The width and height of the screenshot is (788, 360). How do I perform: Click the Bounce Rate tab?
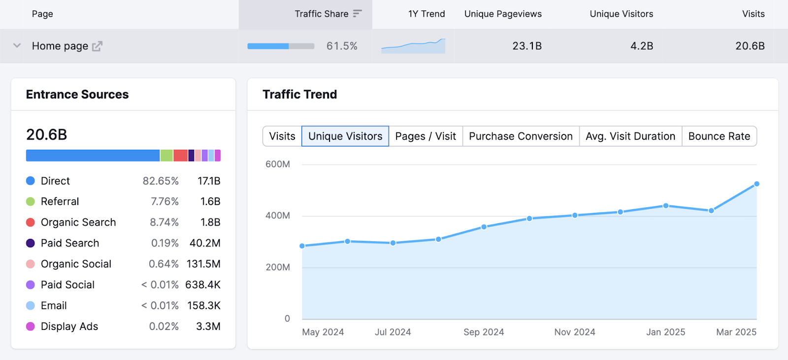pos(719,136)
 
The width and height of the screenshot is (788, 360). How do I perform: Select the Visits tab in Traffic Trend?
pos(282,136)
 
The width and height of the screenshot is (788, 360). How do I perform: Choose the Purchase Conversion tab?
pos(521,136)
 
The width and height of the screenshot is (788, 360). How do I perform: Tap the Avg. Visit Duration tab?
pos(630,136)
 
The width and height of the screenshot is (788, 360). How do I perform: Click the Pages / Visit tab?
pos(426,136)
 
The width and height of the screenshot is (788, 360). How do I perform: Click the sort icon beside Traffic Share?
pos(358,14)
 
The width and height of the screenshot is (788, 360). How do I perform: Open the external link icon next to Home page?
pos(97,46)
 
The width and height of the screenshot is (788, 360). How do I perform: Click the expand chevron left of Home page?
pos(17,46)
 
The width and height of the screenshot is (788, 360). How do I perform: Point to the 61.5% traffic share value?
pos(342,46)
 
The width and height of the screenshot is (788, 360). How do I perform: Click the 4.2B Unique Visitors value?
pos(641,46)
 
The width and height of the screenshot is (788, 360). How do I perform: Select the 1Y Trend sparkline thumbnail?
pos(413,46)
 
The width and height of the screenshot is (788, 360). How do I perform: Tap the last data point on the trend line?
pos(756,184)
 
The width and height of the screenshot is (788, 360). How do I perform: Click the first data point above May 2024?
pos(302,246)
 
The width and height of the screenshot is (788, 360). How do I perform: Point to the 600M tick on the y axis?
pos(278,164)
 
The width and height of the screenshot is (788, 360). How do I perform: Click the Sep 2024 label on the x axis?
pos(484,332)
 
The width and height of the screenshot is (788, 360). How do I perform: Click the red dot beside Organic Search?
pos(31,223)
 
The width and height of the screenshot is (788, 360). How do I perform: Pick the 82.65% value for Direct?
pos(161,181)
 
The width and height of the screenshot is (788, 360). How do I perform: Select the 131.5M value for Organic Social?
pos(203,264)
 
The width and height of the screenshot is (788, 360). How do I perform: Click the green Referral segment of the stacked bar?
pos(166,156)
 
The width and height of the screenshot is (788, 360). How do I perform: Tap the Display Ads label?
pos(69,327)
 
